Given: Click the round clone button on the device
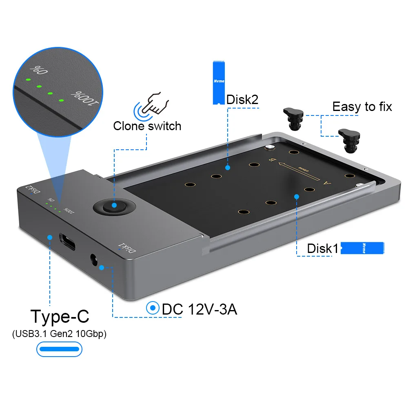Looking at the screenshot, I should click(x=114, y=206).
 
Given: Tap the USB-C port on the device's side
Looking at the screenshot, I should click(x=68, y=242).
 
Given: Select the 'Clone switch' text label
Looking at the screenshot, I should click(x=147, y=126).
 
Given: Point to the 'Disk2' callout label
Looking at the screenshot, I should click(x=242, y=100).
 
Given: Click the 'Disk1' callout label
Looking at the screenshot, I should click(x=323, y=248).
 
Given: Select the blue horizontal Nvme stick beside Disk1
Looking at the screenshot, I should click(x=362, y=248).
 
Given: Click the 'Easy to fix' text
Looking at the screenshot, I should click(x=362, y=107).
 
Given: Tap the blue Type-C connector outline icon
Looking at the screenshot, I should click(x=59, y=349).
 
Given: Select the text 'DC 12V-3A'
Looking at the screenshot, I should click(x=199, y=309).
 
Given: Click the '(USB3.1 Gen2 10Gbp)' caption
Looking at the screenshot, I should click(x=59, y=334).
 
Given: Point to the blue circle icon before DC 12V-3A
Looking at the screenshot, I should click(x=153, y=308).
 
